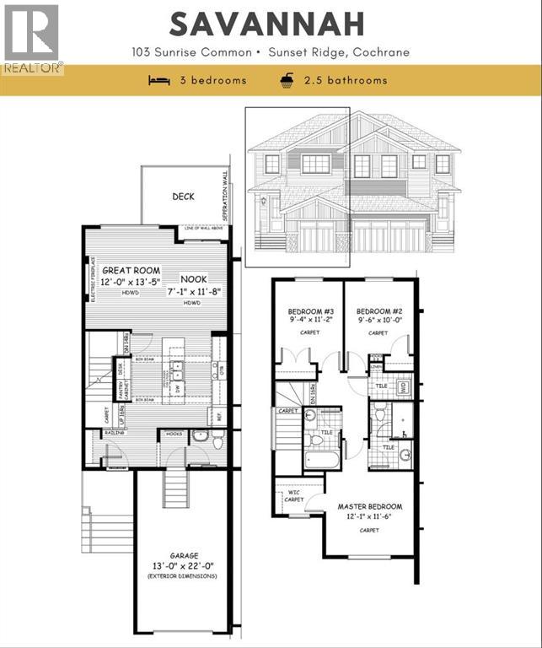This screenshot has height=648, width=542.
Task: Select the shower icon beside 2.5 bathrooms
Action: pos(287,80)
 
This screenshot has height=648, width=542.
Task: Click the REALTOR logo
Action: pos(31,38)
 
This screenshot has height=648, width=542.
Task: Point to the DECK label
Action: pos(183,197)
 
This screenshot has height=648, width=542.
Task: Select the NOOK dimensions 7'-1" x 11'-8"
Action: pos(196,290)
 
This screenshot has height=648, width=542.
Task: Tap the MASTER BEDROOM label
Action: pos(369,507)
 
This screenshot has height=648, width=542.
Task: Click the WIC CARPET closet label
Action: pos(292,495)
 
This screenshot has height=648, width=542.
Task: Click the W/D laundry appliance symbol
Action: pos(402,387)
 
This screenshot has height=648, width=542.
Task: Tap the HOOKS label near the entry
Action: pos(174,434)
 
